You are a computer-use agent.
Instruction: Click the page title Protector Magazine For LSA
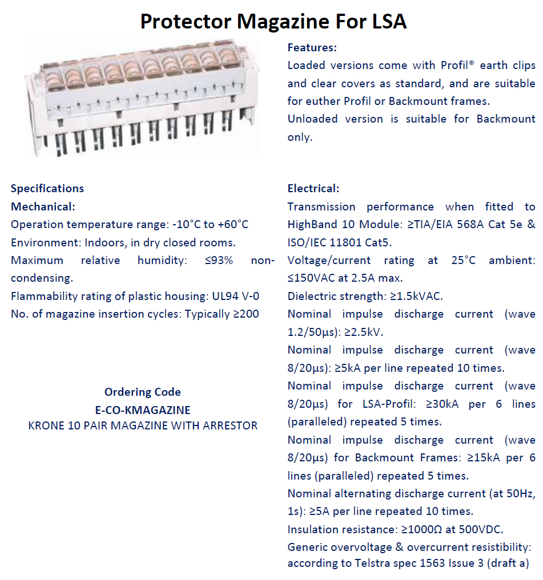tap(273, 21)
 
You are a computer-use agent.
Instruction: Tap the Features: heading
tap(312, 47)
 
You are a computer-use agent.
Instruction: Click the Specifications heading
tap(47, 188)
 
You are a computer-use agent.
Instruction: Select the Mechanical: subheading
tap(43, 206)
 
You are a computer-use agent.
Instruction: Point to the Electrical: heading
tap(313, 188)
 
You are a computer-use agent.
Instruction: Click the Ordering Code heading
tap(142, 392)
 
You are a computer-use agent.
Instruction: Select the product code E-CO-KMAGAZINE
tap(142, 409)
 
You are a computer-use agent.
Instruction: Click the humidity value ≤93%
tap(219, 260)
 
